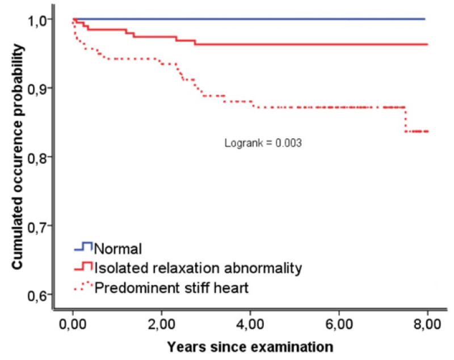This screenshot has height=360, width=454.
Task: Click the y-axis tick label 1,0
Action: coord(37,21)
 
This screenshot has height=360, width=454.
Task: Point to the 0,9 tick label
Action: coord(37,90)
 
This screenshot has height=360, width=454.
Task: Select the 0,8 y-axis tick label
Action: coord(37,158)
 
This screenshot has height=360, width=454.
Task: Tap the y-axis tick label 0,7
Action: coord(37,227)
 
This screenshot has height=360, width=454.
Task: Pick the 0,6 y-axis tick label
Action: coord(37,295)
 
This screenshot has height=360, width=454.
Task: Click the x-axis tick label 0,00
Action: coord(73,324)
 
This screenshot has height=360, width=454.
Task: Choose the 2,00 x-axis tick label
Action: coord(161,324)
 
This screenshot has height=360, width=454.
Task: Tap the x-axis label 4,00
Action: coord(250,324)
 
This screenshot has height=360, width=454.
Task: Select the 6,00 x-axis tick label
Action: coord(339,324)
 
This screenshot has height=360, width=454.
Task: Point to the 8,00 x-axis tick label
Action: coord(427,324)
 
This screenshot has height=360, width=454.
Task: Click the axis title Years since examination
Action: coord(250,347)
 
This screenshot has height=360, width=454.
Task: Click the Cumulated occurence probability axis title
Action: coord(17,157)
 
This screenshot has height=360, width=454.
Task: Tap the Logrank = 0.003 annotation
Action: coord(263,143)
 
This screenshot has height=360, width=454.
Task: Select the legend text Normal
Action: coord(118,249)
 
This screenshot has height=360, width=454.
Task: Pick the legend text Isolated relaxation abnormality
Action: coord(198,268)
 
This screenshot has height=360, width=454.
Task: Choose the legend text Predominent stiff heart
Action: coord(171,287)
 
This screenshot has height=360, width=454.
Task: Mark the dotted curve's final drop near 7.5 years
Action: coord(405,120)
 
